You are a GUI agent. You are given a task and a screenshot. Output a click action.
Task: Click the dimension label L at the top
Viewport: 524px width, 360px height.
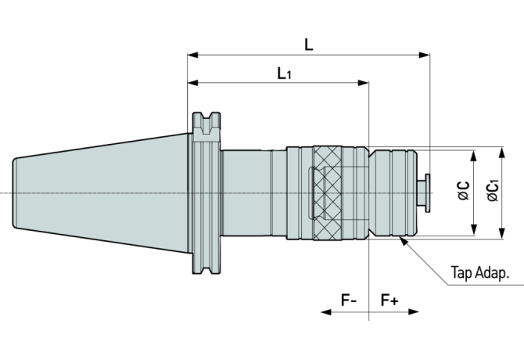click(309, 45)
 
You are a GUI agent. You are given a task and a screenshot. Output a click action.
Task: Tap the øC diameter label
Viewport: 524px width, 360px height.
click(463, 191)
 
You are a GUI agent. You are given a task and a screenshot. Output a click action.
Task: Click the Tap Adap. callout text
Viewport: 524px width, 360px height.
click(480, 273)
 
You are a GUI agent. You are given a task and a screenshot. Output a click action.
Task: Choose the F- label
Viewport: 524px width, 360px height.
click(348, 300)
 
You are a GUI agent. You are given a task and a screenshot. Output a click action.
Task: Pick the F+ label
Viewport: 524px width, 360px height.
click(389, 300)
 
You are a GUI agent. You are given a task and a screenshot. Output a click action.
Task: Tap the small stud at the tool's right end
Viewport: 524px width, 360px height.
click(428, 193)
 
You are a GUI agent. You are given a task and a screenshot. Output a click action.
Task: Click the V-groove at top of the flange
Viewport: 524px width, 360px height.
click(206, 122)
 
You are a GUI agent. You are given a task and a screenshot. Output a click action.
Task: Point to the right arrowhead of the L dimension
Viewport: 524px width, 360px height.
click(425, 55)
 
